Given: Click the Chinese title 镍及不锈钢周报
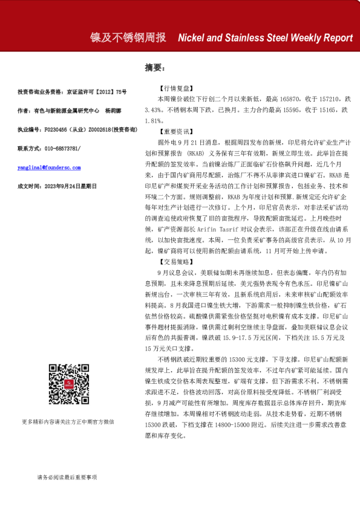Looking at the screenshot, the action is pyautogui.click(x=128, y=37).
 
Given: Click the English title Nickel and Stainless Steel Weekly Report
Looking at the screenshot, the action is pyautogui.click(x=265, y=37).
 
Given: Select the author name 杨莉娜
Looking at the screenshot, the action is pyautogui.click(x=113, y=111).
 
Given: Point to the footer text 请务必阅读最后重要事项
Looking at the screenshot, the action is pyautogui.click(x=67, y=478).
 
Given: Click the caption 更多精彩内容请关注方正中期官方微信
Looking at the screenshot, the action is pyautogui.click(x=68, y=421).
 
